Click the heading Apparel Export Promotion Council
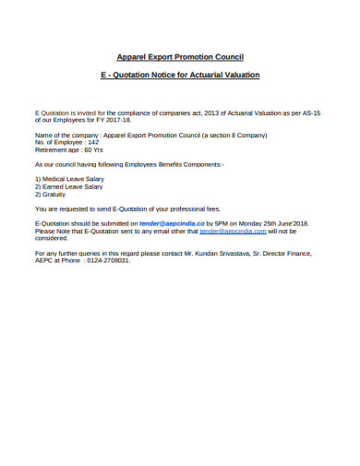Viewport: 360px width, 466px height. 180,57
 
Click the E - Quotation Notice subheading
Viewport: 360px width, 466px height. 180,74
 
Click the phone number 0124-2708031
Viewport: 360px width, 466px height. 104,259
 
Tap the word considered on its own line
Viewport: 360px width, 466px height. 51,238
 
